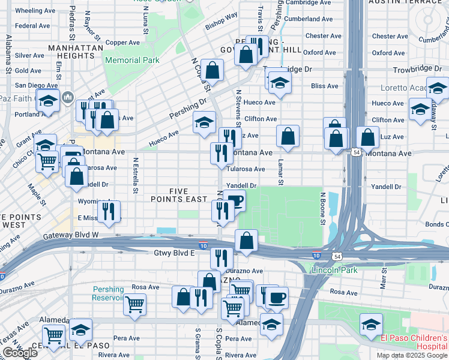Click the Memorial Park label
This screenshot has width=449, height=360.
pyautogui.click(x=132, y=60)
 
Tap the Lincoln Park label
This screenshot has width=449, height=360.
pyautogui.click(x=334, y=271)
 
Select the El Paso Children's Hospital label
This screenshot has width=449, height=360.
pyautogui.click(x=414, y=342)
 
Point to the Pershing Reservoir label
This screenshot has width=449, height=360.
pyautogui.click(x=109, y=294)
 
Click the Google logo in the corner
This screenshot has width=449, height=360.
pyautogui.click(x=20, y=353)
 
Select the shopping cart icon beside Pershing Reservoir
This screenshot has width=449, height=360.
pyautogui.click(x=134, y=304)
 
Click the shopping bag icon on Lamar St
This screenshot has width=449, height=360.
pyautogui.click(x=288, y=136)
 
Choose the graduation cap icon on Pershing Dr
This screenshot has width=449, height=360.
pyautogui.click(x=204, y=123)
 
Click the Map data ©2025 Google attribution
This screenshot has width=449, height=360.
pyautogui.click(x=412, y=355)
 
